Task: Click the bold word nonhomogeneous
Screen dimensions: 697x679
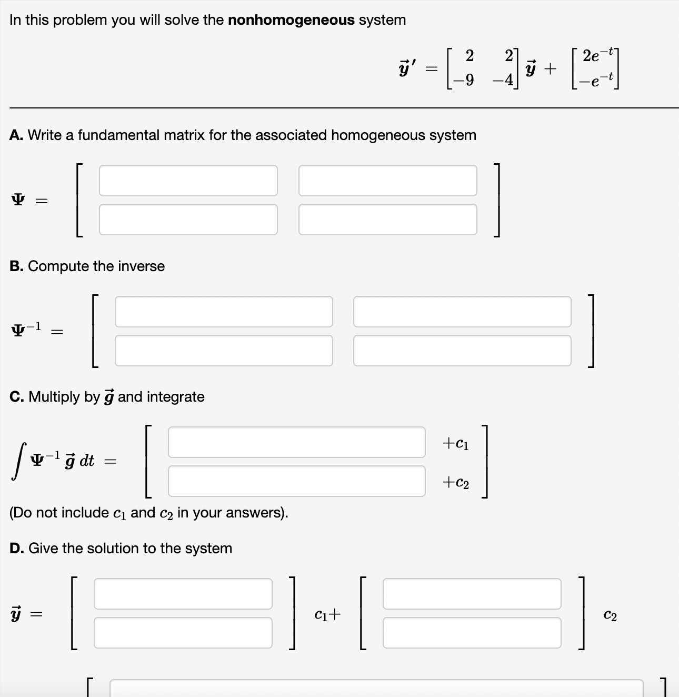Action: point(291,20)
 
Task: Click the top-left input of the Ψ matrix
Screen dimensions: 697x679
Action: point(188,181)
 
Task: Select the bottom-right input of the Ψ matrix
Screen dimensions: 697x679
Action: point(387,220)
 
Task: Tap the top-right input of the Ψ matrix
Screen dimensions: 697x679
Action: point(387,181)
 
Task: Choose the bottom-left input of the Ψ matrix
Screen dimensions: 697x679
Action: point(188,220)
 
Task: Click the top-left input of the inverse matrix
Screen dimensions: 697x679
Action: point(224,312)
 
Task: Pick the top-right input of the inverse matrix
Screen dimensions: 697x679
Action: point(462,312)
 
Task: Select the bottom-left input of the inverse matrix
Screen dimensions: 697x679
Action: point(224,351)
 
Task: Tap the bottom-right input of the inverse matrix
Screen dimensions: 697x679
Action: point(462,351)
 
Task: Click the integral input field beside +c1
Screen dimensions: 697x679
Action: point(296,442)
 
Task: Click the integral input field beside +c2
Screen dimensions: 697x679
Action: point(296,481)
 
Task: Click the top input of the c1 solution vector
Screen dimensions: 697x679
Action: point(183,594)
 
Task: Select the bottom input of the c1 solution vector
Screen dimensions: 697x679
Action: point(183,633)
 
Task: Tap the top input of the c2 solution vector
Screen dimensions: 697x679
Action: point(472,594)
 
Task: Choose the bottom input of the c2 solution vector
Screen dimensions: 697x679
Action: point(472,633)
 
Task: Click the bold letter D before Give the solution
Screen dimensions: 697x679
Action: point(16,549)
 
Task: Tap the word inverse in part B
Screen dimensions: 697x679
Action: point(141,266)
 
